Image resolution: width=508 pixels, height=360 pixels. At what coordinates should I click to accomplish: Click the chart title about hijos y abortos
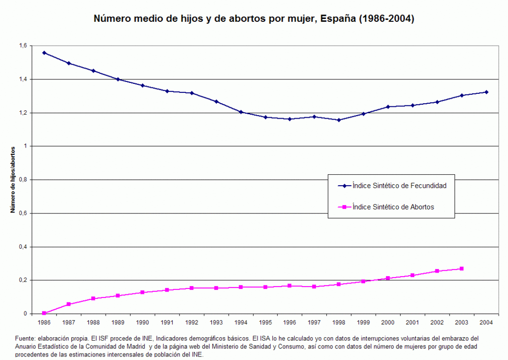click(254, 19)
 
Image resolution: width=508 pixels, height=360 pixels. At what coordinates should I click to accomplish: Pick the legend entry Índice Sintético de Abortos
click(393, 207)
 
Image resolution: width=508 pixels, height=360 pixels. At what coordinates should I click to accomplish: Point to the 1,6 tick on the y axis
click(22, 46)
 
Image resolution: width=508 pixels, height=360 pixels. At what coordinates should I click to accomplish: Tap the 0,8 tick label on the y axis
click(22, 180)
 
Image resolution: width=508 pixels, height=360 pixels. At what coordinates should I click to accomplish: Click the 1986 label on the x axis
click(44, 323)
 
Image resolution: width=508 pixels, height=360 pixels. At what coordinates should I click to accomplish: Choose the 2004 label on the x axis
click(486, 323)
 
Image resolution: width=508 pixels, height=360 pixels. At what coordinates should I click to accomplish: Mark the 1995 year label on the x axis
click(265, 323)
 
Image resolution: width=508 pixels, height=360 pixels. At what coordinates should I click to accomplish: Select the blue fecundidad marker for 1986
click(44, 53)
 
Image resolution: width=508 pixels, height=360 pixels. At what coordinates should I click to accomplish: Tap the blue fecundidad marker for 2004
click(486, 92)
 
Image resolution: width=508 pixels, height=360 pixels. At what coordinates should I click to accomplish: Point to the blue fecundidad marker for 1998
click(339, 120)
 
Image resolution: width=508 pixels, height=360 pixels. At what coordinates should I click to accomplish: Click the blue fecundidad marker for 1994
click(241, 112)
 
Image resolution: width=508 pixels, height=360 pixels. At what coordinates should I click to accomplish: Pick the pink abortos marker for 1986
click(44, 313)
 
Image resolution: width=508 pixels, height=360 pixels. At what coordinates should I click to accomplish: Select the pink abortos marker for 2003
click(461, 269)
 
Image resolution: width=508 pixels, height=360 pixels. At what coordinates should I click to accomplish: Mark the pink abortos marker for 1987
click(68, 304)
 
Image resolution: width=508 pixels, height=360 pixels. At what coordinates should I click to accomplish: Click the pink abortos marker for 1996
click(290, 286)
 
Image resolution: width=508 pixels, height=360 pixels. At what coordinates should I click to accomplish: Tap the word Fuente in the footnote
click(25, 338)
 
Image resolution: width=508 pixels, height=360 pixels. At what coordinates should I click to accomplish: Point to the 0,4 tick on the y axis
click(22, 247)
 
